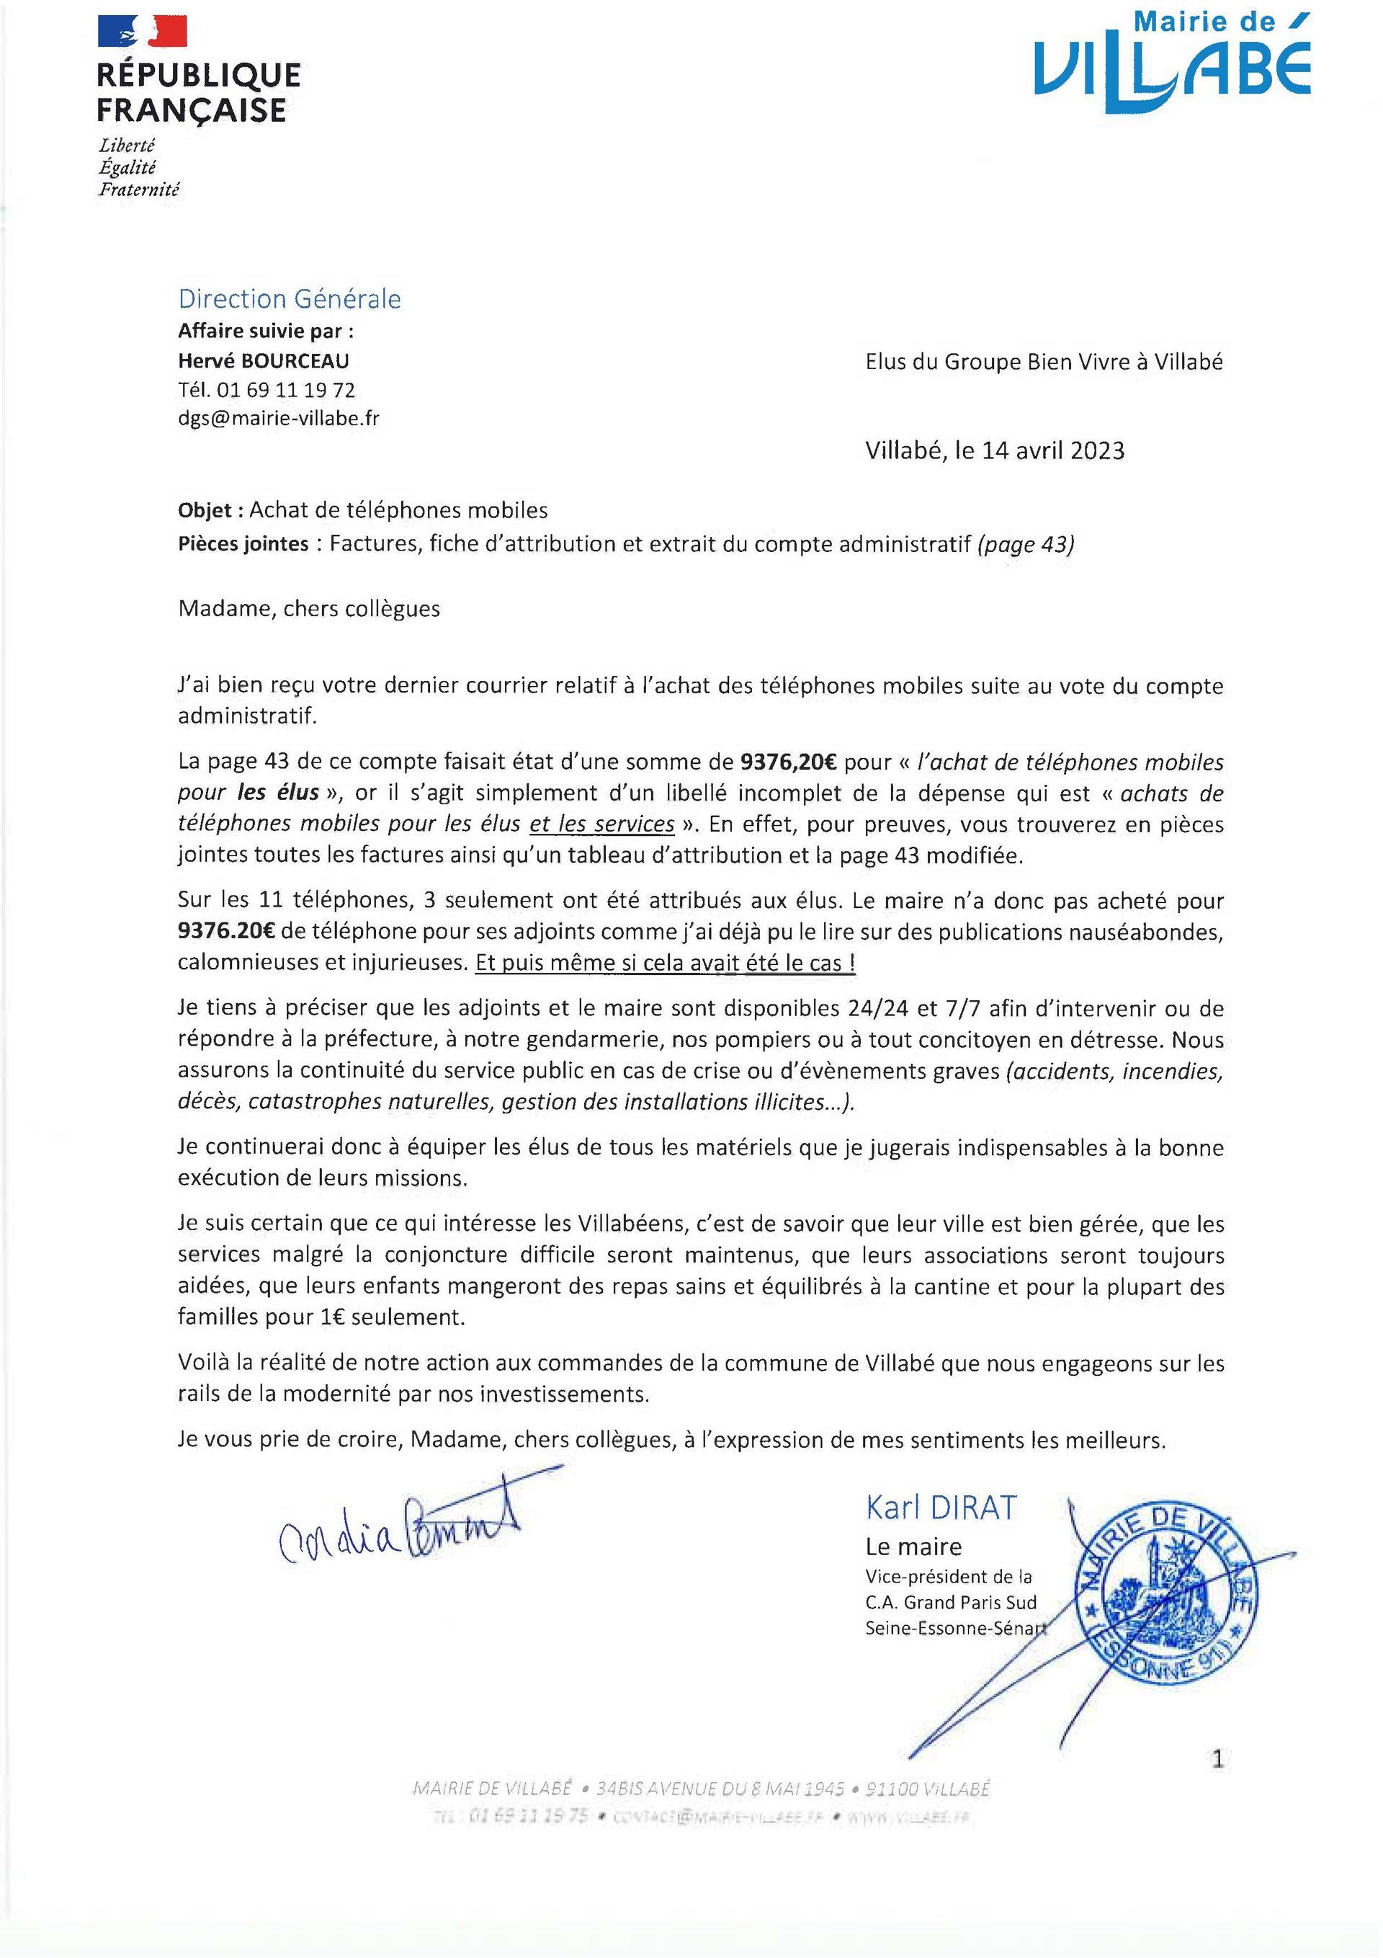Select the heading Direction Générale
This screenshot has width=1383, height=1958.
(x=289, y=298)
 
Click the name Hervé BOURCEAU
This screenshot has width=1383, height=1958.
(x=264, y=361)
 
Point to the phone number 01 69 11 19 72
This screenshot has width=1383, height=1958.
(x=286, y=390)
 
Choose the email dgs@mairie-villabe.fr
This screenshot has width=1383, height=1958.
(x=279, y=419)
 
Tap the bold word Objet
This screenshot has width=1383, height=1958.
(x=205, y=510)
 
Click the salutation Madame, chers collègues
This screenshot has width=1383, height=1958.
(x=309, y=608)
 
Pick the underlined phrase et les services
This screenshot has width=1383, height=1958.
(x=602, y=824)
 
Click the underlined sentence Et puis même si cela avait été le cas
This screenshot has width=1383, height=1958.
(x=665, y=963)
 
